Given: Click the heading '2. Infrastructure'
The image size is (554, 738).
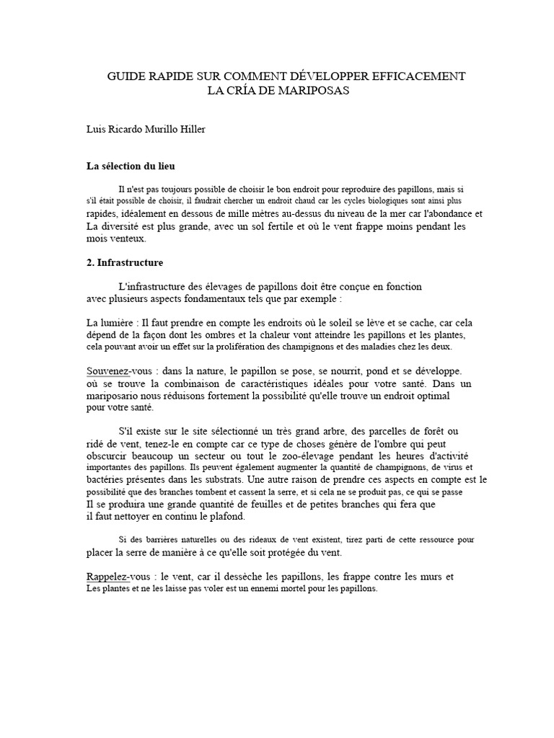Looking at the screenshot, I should pyautogui.click(x=125, y=263).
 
